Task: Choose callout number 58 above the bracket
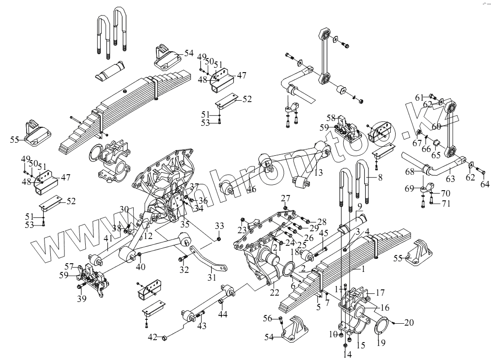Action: point(331,118)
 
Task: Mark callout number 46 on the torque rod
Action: point(251,189)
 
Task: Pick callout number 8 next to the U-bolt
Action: point(380,178)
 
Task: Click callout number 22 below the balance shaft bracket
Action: point(275,292)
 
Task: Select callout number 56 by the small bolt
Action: point(268,318)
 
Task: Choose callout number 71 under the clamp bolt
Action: point(445,203)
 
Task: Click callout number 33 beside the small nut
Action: point(219,226)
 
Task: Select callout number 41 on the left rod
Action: point(107,239)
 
